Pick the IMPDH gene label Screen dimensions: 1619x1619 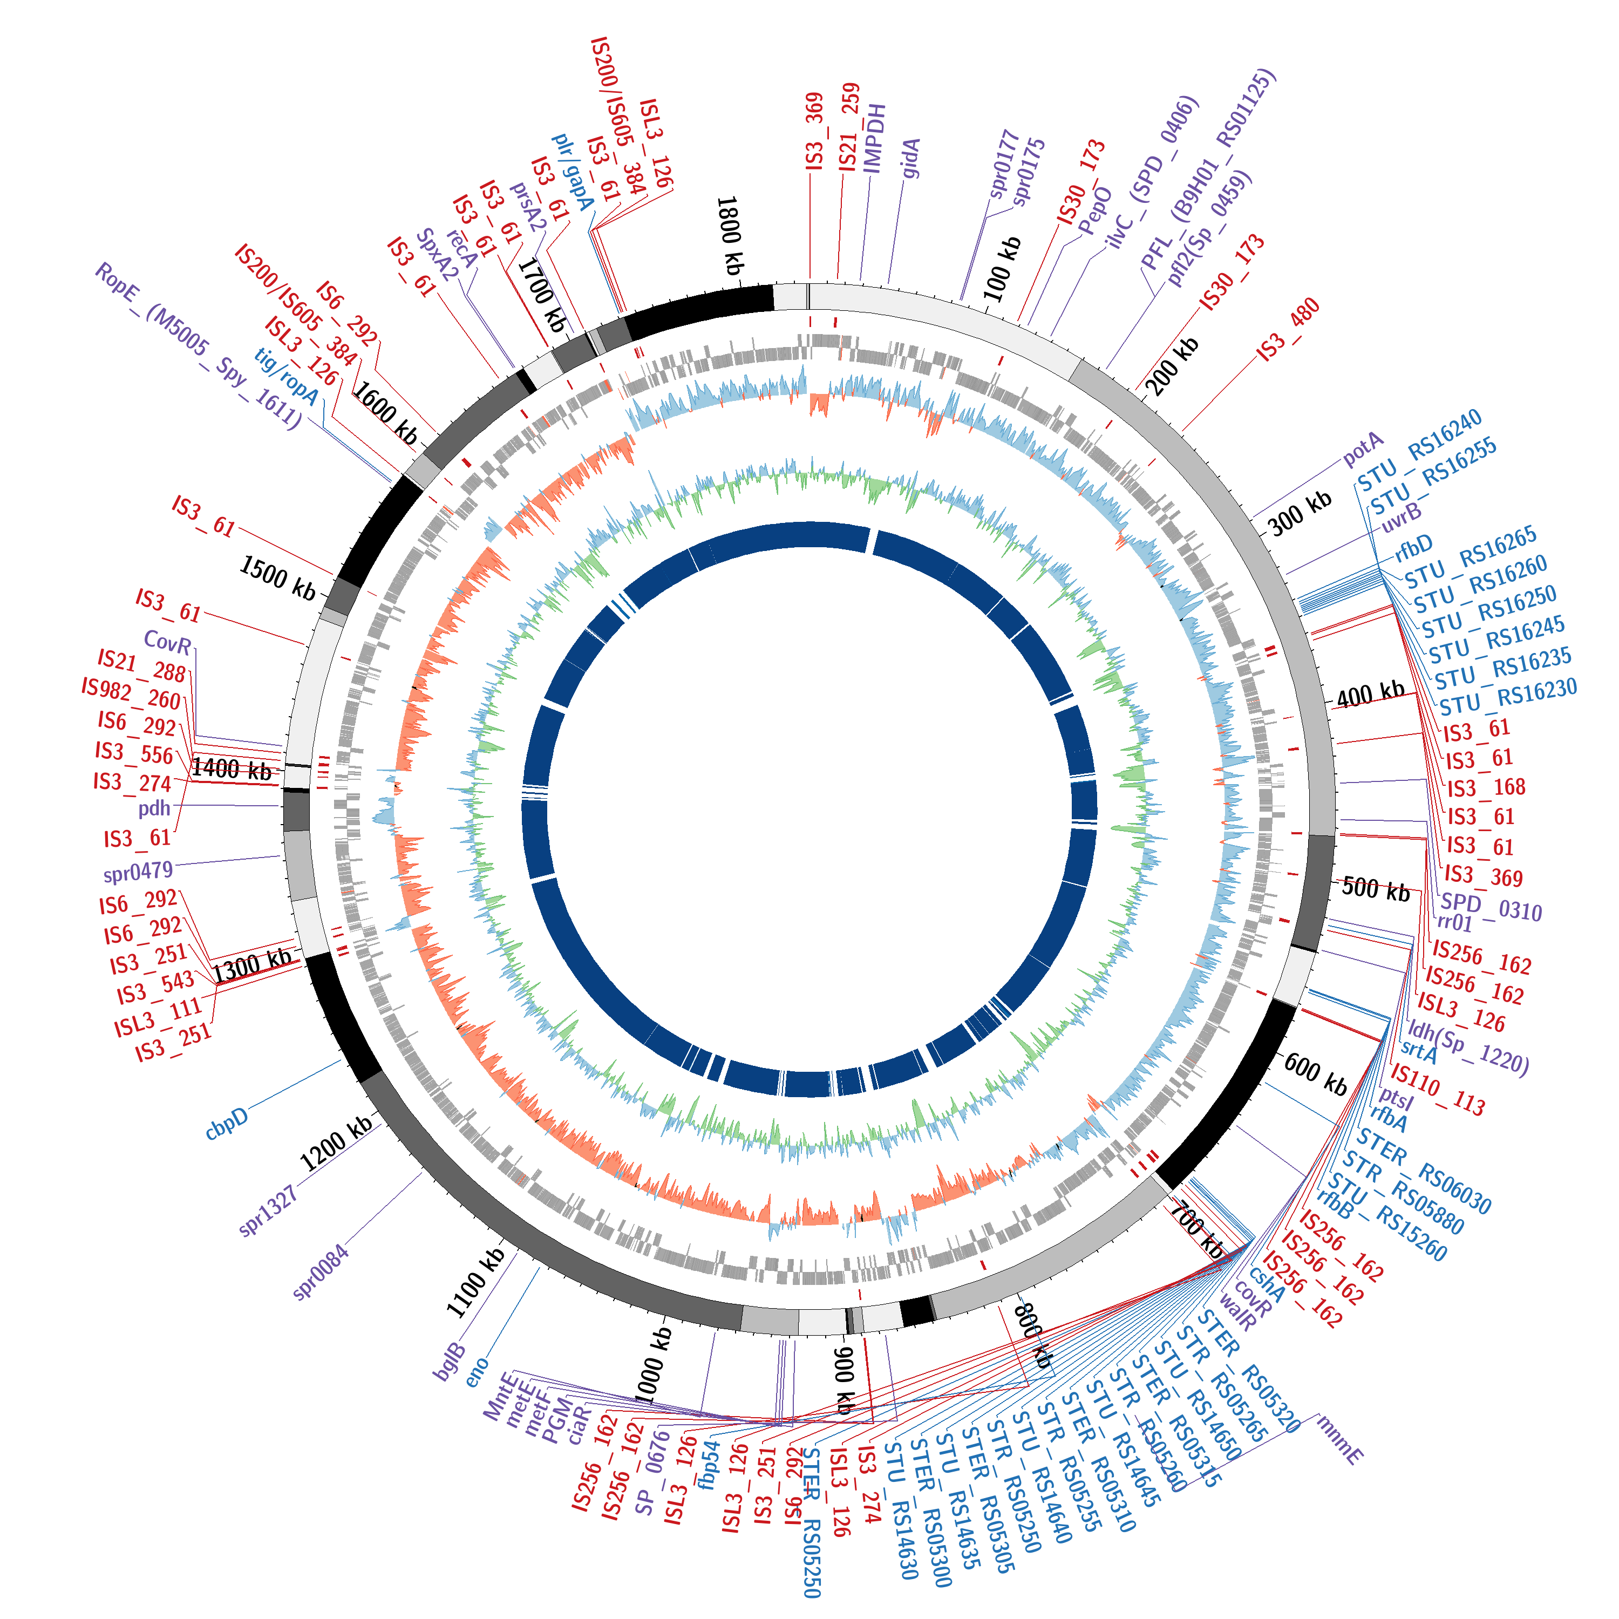point(874,138)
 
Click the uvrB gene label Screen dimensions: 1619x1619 point(1401,517)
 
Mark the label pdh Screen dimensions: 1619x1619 point(154,808)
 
